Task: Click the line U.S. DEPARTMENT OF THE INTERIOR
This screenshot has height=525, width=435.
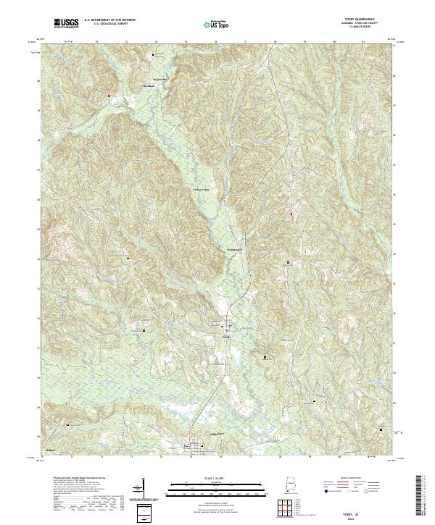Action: tap(109, 20)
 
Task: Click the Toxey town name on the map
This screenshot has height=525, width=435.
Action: tap(225, 336)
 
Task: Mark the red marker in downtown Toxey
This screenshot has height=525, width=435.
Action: tap(223, 328)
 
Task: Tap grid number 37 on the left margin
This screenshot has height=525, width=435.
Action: tap(39, 169)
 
